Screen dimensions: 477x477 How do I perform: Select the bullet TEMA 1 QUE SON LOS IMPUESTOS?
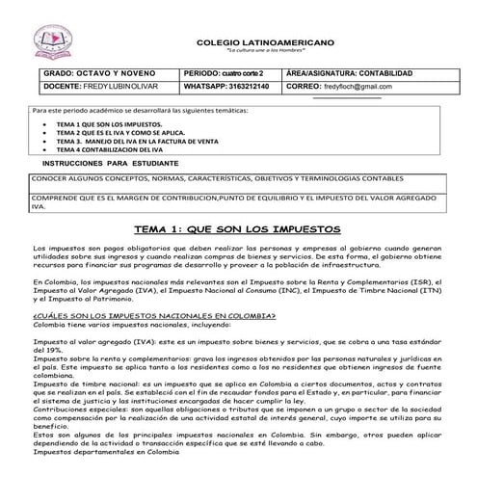[x=109, y=125]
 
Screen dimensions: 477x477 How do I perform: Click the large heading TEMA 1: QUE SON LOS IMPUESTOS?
[x=237, y=229]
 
